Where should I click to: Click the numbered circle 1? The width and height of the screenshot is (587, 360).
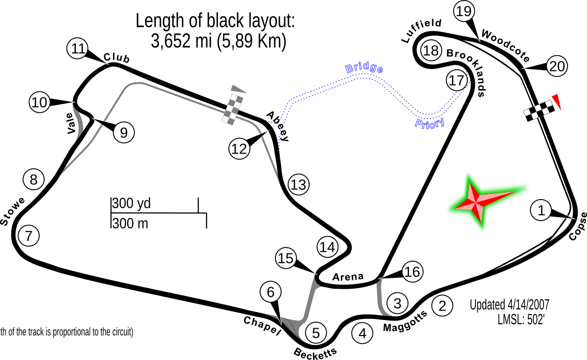pos(541,210)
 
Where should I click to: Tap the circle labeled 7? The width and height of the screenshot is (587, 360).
pos(28,236)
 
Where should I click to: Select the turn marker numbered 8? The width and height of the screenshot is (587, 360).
pos(33,180)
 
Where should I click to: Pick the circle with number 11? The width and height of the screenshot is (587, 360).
pos(77,49)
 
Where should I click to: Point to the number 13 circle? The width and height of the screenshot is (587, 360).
pos(298,185)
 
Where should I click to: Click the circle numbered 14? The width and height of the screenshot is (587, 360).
pos(327,247)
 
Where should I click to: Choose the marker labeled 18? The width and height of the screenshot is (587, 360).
pos(431,50)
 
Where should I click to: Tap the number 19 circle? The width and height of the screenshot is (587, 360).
pos(464,11)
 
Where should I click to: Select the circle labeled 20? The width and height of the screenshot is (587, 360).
pos(557,66)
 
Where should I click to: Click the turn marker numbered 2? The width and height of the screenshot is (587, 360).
pos(442,306)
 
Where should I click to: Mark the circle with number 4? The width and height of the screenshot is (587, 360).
pos(362,334)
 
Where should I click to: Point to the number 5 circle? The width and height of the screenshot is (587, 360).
pos(316,333)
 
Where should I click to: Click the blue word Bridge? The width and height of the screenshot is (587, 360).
pos(364,68)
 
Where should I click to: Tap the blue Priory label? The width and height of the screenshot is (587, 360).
pos(429,123)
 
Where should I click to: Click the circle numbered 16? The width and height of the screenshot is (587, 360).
pos(412,271)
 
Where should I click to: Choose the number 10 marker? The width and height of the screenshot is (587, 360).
pos(40,103)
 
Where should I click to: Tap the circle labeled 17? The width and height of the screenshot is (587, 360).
pos(457,80)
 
